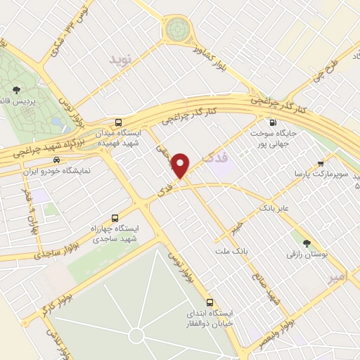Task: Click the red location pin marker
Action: click(182, 165)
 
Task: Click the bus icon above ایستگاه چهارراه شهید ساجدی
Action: click(115, 218)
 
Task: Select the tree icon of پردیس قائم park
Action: click(15, 89)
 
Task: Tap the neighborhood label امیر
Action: click(338, 278)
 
